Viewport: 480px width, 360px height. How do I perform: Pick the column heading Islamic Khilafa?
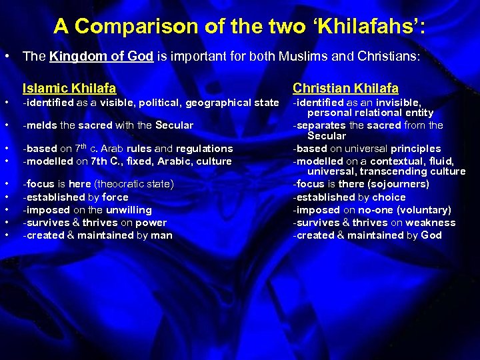click(x=69, y=88)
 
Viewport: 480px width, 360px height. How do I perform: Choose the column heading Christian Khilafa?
click(x=345, y=88)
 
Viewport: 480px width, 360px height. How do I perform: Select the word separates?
click(x=320, y=125)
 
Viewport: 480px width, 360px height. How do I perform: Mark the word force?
click(x=115, y=197)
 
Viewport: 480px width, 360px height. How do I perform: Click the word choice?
click(x=389, y=197)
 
